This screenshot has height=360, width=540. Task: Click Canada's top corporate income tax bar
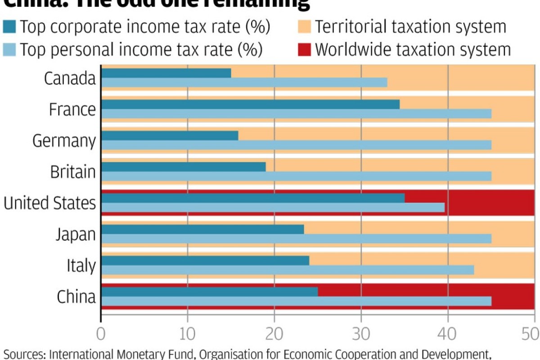point(166,73)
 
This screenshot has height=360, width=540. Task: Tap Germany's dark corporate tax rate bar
point(170,135)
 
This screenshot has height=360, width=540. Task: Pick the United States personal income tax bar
point(273,207)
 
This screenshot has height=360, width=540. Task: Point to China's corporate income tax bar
point(209,292)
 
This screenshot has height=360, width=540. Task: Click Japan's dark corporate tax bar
point(202,229)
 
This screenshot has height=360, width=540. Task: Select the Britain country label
point(72,172)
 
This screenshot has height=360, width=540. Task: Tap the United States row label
point(49,203)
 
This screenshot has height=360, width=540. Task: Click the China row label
point(76,297)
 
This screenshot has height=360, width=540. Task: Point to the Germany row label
point(64,141)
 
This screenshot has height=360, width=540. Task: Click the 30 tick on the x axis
point(361,334)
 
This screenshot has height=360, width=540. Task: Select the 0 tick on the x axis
point(101,334)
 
